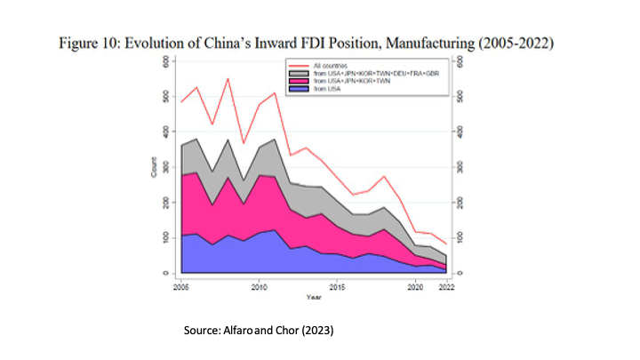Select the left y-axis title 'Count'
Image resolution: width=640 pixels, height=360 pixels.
pyautogui.click(x=153, y=167)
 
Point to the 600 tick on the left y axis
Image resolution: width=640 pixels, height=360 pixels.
pyautogui.click(x=164, y=61)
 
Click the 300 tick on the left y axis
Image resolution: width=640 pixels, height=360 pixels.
pyautogui.click(x=164, y=167)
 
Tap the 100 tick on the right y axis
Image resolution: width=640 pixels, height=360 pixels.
pyautogui.click(x=458, y=238)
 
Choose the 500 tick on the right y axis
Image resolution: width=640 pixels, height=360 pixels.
pyautogui.click(x=458, y=97)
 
